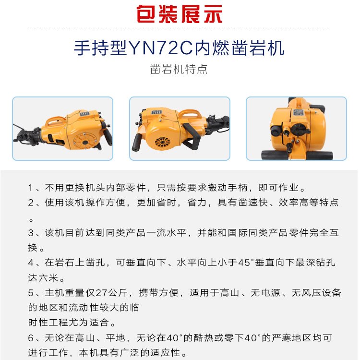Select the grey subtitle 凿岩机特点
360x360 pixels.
click(x=179, y=69)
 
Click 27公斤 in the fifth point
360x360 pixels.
click(x=114, y=293)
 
